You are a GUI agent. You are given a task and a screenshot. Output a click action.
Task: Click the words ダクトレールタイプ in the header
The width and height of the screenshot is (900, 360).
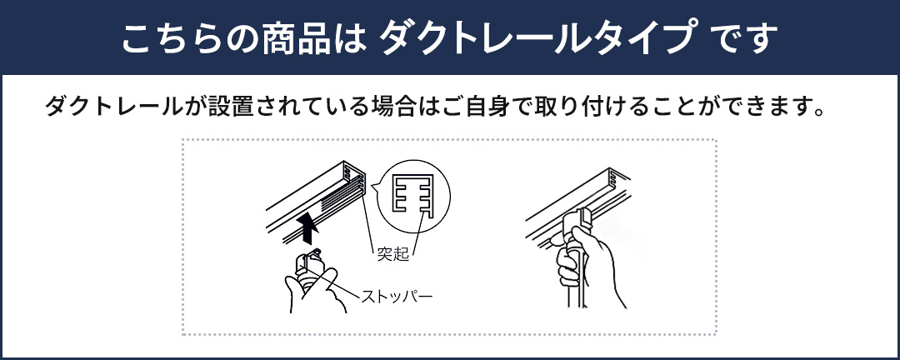coord(537,37)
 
